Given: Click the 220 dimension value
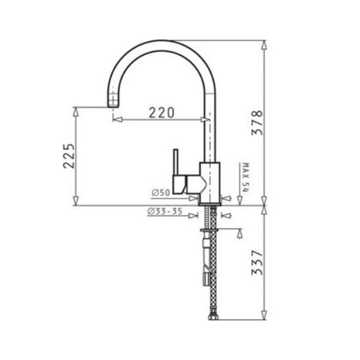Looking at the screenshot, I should point(161,112).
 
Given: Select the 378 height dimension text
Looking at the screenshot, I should point(257,122).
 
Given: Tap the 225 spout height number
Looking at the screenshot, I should point(68,156).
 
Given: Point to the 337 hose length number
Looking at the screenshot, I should point(257,263).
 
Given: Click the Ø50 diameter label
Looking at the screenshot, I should point(161,193).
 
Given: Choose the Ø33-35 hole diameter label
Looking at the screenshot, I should point(165,211).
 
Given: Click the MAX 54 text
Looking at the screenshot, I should point(245,177).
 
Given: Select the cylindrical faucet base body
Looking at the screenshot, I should point(210,182).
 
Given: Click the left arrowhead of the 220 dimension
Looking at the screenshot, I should point(117,119).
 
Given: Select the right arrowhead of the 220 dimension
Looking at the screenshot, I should point(205,119).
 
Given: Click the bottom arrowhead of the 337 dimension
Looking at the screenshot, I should point(264,316).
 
